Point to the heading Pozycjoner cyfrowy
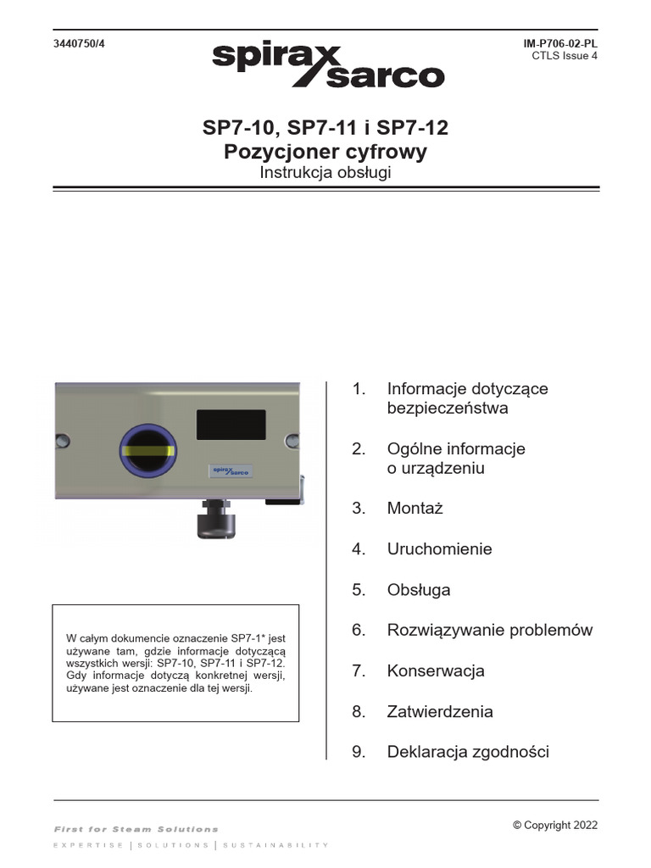325,153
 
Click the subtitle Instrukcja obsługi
325,172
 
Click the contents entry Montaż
415,509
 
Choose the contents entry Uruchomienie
439,549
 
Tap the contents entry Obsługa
419,590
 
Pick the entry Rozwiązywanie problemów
489,631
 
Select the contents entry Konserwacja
436,671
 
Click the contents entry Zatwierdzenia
440,712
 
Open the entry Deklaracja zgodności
468,752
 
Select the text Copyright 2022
555,826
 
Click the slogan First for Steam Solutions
136,829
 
